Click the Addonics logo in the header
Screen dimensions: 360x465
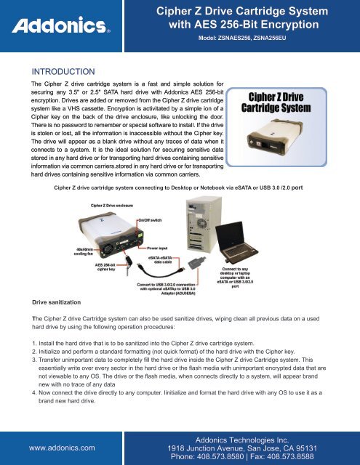pyautogui.click(x=61, y=25)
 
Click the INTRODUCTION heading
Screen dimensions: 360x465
pyautogui.click(x=63, y=71)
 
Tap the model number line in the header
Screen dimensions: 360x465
pyautogui.click(x=242, y=38)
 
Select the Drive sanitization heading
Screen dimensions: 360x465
pyautogui.click(x=57, y=302)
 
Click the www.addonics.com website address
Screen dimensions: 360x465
pyautogui.click(x=62, y=448)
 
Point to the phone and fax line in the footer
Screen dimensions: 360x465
pyautogui.click(x=242, y=456)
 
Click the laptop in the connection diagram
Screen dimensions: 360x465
pyautogui.click(x=236, y=242)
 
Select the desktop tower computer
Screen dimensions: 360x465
pyautogui.click(x=204, y=225)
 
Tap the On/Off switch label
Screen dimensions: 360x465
pyautogui.click(x=150, y=220)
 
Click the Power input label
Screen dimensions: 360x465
pyautogui.click(x=157, y=248)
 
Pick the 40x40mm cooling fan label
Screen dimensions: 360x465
pyautogui.click(x=84, y=251)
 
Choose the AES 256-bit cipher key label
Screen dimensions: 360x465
pyautogui.click(x=105, y=267)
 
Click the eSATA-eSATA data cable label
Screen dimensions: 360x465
pyautogui.click(x=160, y=260)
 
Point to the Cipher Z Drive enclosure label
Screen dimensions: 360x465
pyautogui.click(x=112, y=206)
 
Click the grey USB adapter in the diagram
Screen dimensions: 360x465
pyautogui.click(x=197, y=263)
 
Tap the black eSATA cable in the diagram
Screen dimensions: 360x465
pyautogui.click(x=160, y=270)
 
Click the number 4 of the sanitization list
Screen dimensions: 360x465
pyautogui.click(x=34, y=392)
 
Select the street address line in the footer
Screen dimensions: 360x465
pyautogui.click(x=242, y=448)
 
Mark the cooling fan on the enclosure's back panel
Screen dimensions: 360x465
pyautogui.click(x=108, y=248)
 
